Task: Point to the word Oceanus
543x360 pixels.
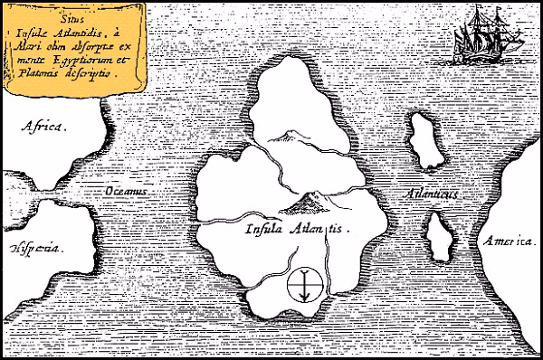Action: pos(125,192)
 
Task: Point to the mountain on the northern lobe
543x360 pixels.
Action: pos(287,136)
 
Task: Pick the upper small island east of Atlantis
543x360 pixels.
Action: pos(421,141)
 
